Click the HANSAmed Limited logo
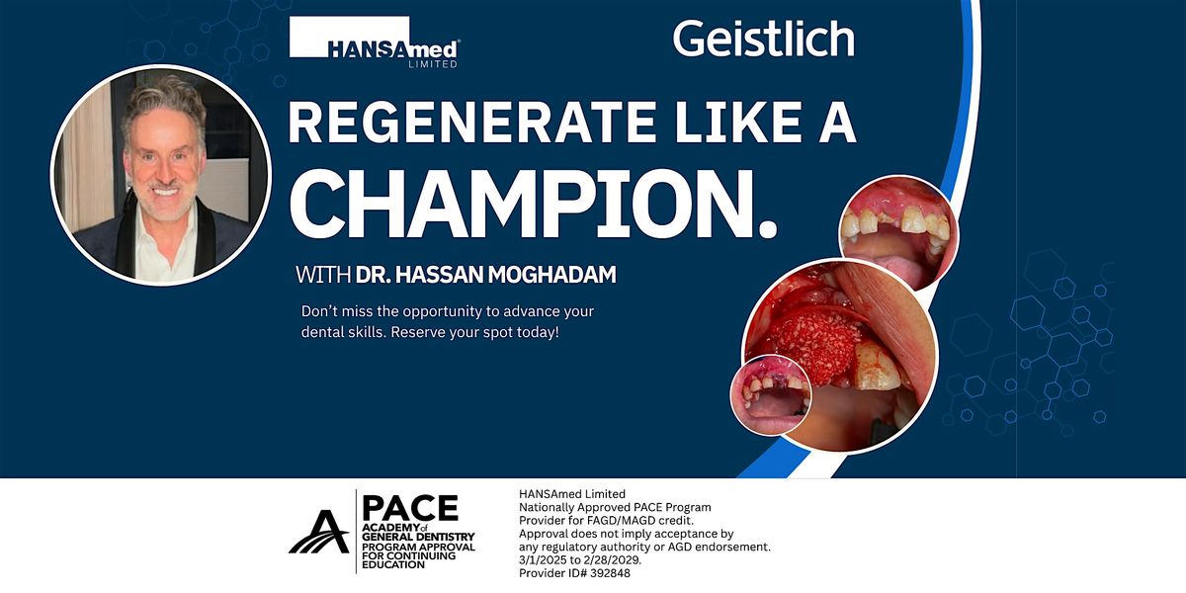pos(375,42)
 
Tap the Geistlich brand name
pos(763,39)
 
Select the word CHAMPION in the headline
pos(521,204)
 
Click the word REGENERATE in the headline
pos(470,122)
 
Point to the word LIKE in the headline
pos(738,122)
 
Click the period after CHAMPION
pos(767,229)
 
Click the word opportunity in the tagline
pos(443,312)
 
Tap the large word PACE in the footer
pos(410,508)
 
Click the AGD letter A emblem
pos(318,532)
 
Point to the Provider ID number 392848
pos(610,573)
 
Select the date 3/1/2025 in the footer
pos(543,560)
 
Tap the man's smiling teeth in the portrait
pos(166,191)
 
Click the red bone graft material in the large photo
pos(812,344)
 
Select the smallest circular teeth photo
pos(770,395)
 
